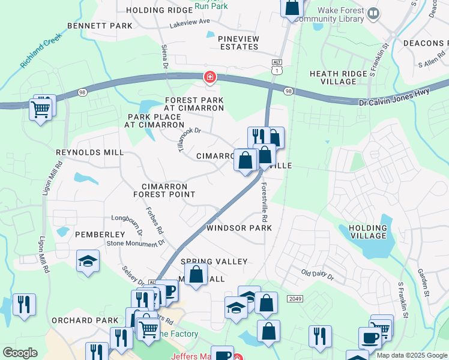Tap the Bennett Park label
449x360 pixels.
pos(99,26)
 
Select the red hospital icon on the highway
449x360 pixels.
pos(209,77)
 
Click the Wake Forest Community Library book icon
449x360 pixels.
pos(373,13)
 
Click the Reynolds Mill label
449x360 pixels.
pos(89,153)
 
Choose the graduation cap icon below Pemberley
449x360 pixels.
pos(88,261)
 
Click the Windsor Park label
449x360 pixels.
pos(239,228)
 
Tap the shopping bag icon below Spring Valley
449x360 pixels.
pos(196,275)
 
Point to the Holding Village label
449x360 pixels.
pos(368,232)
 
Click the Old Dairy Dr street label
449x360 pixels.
pos(317,274)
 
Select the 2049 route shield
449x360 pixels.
pos(295,298)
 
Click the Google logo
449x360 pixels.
pos(20,353)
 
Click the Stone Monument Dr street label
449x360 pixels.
pos(135,243)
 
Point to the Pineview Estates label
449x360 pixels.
pos(239,43)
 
